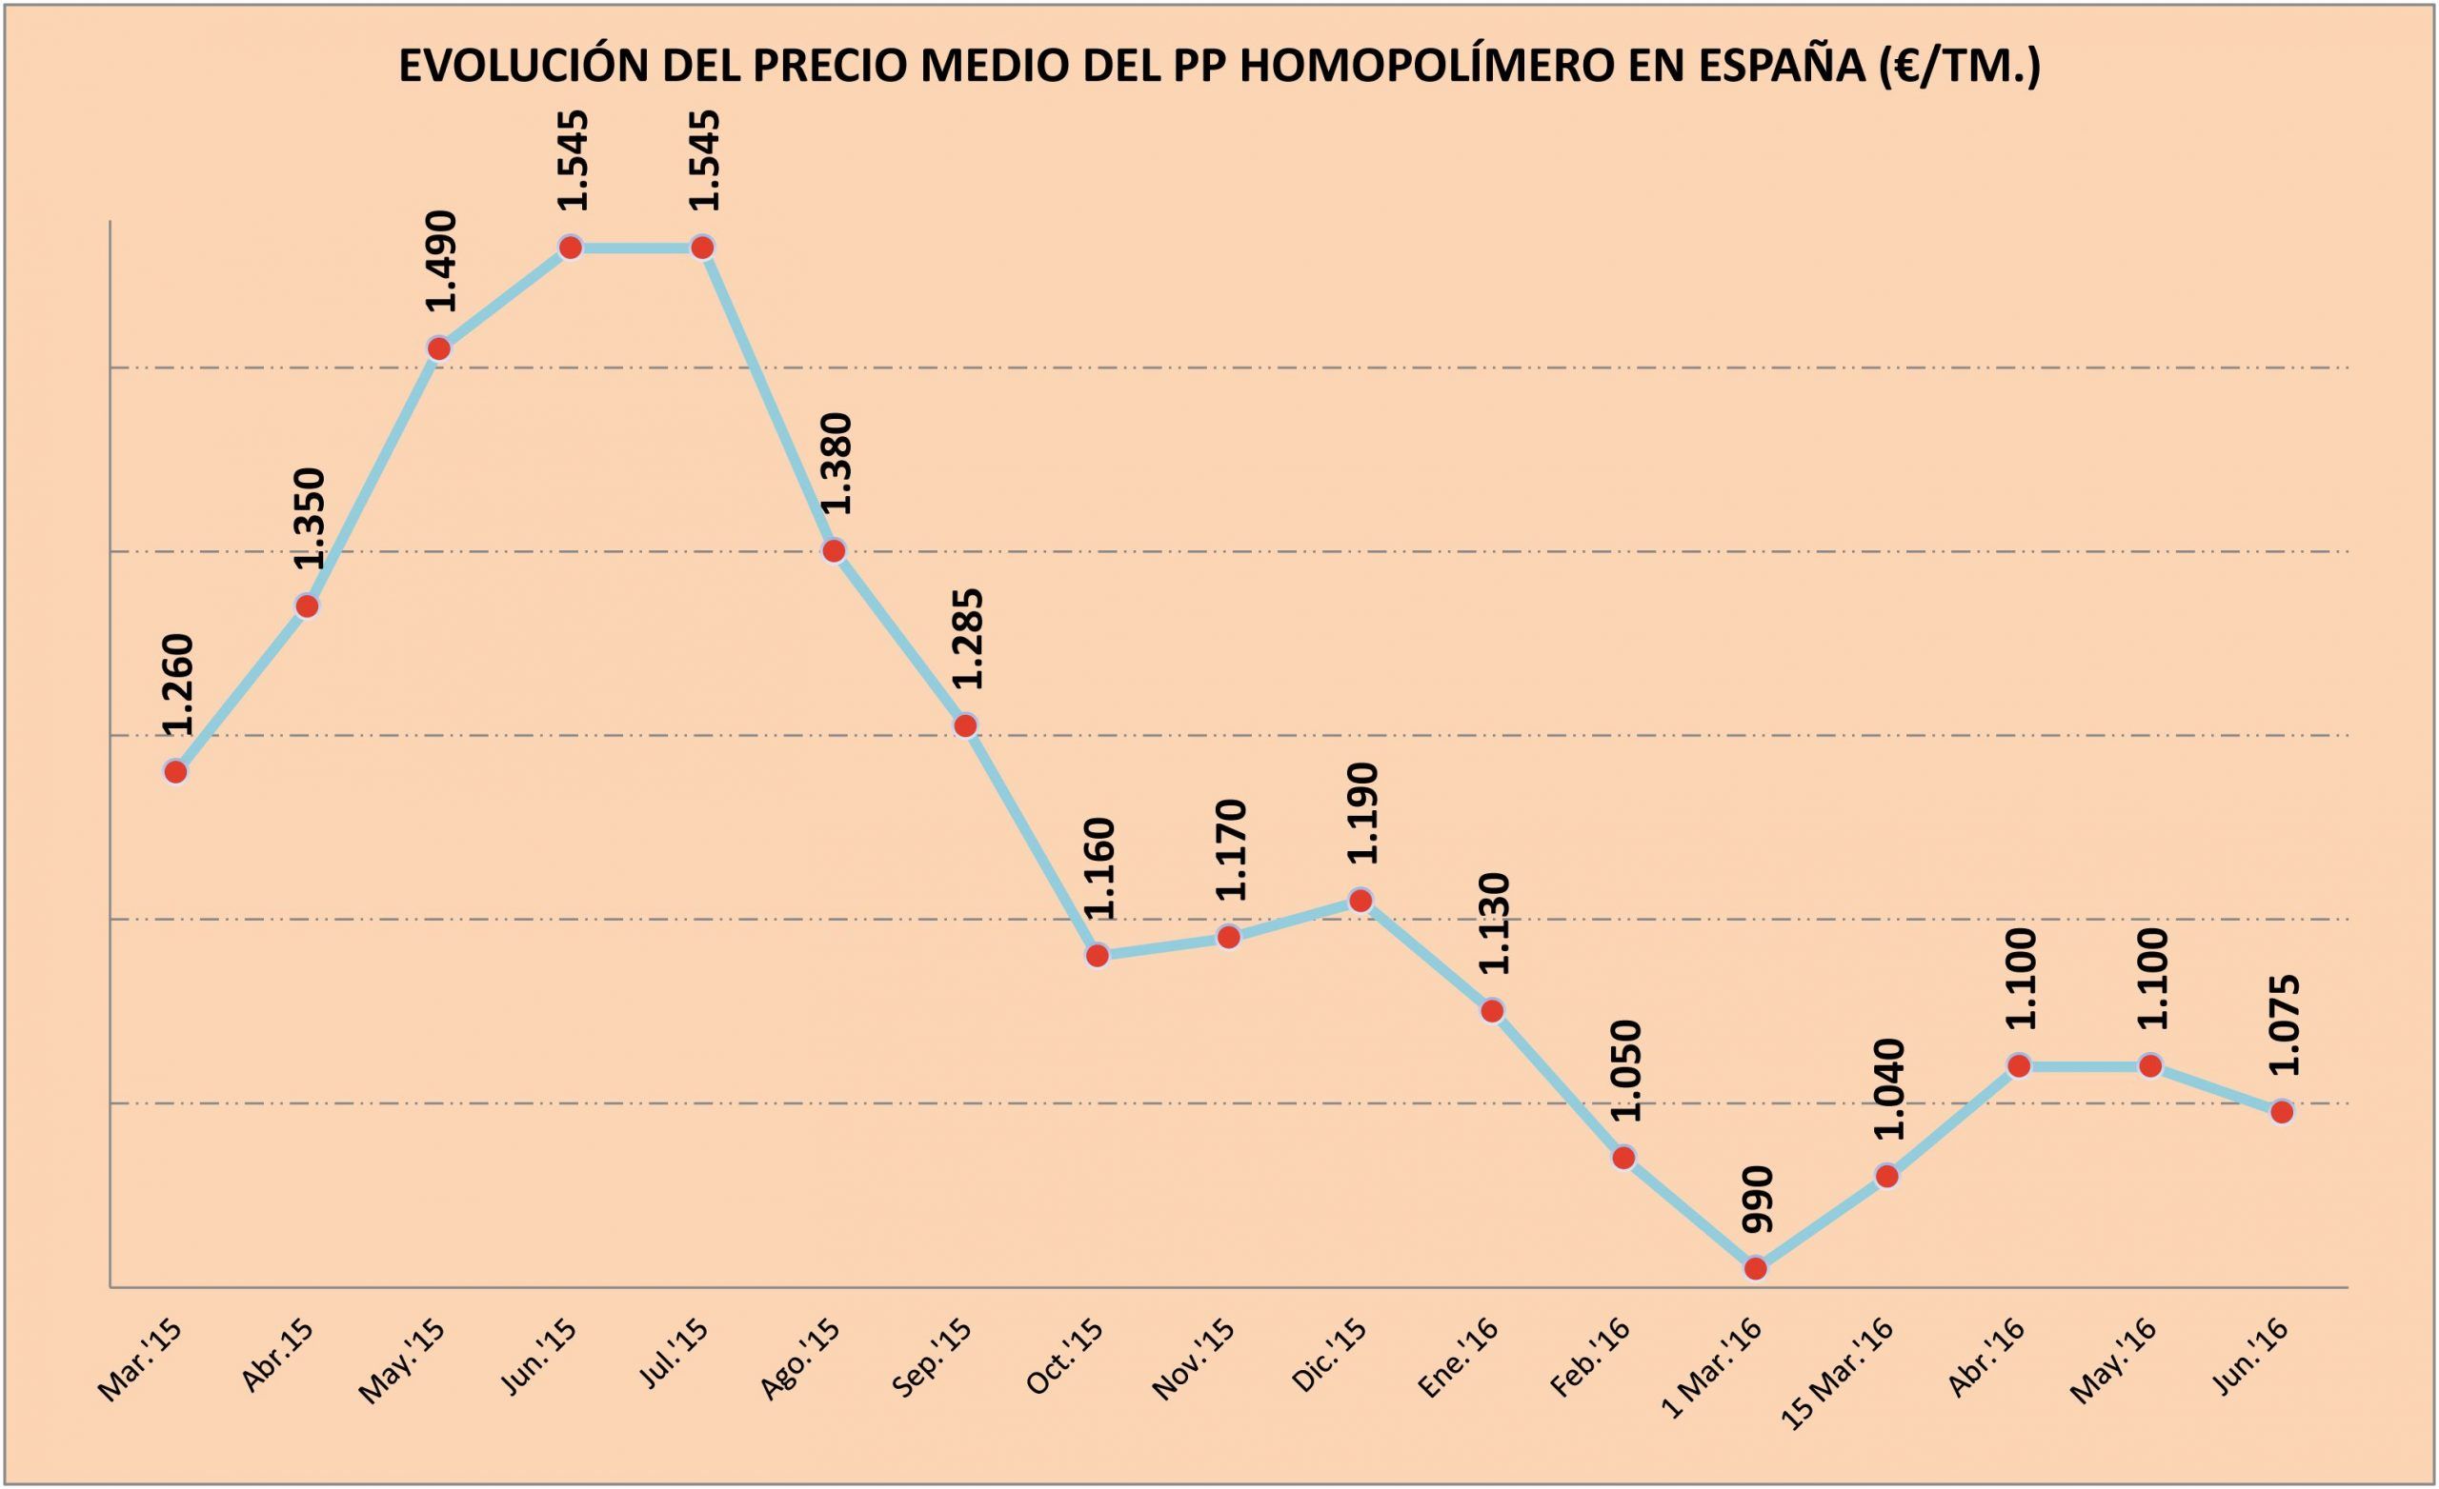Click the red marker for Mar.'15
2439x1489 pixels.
(175, 772)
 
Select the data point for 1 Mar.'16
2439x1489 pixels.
(1755, 1268)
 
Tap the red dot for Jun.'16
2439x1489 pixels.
(2282, 1112)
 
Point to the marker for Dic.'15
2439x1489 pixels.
(1361, 901)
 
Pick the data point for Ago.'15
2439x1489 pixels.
(835, 551)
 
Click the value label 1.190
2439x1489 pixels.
(1362, 813)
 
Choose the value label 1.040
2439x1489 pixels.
(1888, 1089)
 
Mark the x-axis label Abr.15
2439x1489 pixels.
(279, 1356)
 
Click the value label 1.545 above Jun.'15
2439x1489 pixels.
(573, 159)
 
